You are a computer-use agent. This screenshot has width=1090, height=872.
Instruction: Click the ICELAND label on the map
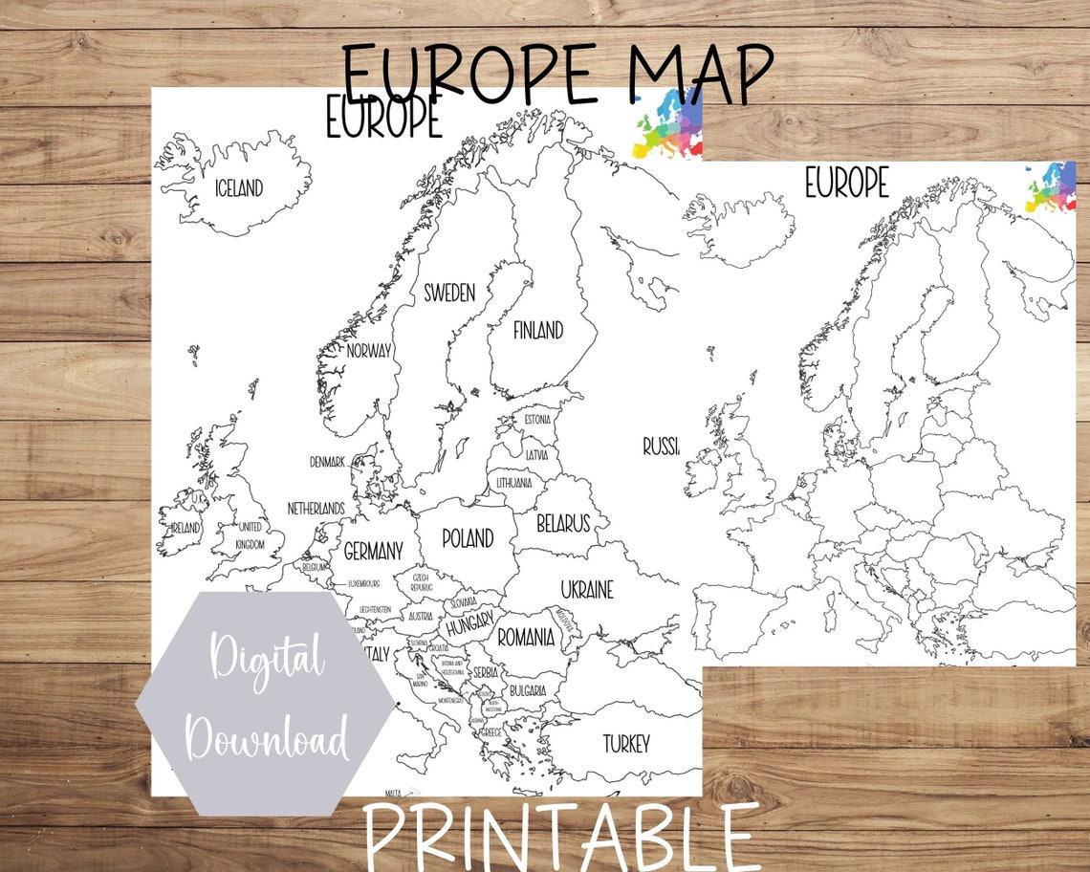click(238, 188)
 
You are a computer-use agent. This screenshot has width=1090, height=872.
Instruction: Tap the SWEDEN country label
click(448, 293)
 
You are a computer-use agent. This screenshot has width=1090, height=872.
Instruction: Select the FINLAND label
click(538, 331)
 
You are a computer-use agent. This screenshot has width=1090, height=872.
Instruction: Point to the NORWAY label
click(369, 351)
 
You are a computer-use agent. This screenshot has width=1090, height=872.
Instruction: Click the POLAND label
click(468, 538)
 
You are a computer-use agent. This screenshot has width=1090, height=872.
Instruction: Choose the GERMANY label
click(373, 551)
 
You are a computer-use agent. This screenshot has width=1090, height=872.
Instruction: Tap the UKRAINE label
click(587, 589)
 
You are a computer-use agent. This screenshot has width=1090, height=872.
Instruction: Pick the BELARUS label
click(562, 524)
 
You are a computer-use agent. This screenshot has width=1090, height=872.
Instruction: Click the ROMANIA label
click(525, 636)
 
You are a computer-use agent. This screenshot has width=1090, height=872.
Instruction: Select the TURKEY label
click(626, 743)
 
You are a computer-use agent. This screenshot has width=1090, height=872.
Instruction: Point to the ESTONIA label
click(537, 420)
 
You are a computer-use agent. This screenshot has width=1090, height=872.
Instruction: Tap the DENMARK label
click(327, 462)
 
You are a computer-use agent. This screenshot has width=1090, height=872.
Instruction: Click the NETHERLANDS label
click(316, 509)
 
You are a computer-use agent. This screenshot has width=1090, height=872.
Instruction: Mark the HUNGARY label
click(469, 628)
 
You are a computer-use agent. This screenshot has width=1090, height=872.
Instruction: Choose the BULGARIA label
click(527, 690)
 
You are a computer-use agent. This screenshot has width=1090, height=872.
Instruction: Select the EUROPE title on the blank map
click(846, 183)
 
